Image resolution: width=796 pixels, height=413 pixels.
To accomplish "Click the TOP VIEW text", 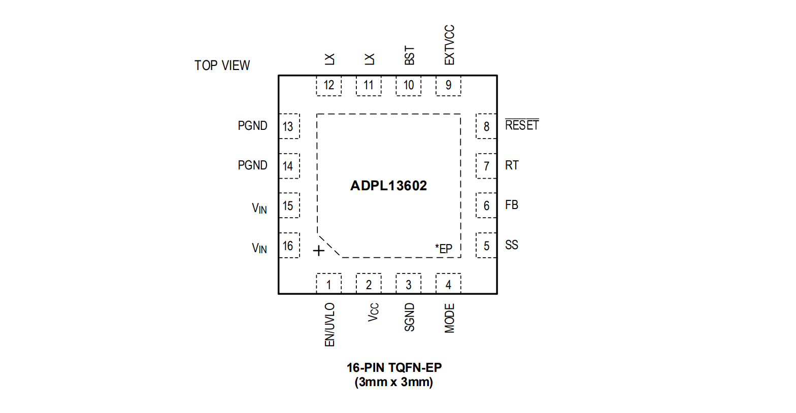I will (x=222, y=65).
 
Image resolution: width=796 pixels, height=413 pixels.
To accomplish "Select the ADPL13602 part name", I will (x=388, y=186).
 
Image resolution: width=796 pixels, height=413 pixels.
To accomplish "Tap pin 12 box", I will (x=329, y=85).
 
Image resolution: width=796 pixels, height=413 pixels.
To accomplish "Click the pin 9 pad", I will (x=448, y=85).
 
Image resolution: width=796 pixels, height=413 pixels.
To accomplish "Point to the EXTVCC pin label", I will (x=449, y=45).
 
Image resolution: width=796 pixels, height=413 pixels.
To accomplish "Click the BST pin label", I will (x=409, y=55).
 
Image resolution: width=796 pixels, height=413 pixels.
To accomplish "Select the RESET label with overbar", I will (x=521, y=125).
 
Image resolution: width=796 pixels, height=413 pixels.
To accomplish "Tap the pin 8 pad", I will (x=486, y=126).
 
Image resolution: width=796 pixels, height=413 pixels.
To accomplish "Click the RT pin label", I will (x=512, y=165).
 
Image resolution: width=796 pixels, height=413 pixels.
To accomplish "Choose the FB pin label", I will (x=511, y=205).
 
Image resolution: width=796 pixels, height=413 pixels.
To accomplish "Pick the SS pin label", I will (x=511, y=245).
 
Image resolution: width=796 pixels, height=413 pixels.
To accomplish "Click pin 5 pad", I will (x=486, y=246).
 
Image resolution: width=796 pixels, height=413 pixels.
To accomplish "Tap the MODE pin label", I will (x=449, y=318).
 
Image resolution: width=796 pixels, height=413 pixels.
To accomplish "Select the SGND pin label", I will (x=409, y=317).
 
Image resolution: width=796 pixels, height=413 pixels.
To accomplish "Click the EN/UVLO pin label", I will (x=329, y=325).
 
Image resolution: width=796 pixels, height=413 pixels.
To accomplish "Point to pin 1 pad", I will (x=329, y=284).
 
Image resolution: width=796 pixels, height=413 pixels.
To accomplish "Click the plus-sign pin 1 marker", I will (x=318, y=251).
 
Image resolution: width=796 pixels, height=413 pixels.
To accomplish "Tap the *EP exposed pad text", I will (x=443, y=249).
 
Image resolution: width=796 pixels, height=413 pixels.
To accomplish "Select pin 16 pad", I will (x=288, y=246).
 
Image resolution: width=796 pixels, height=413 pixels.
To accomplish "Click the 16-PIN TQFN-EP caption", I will (x=394, y=367).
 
